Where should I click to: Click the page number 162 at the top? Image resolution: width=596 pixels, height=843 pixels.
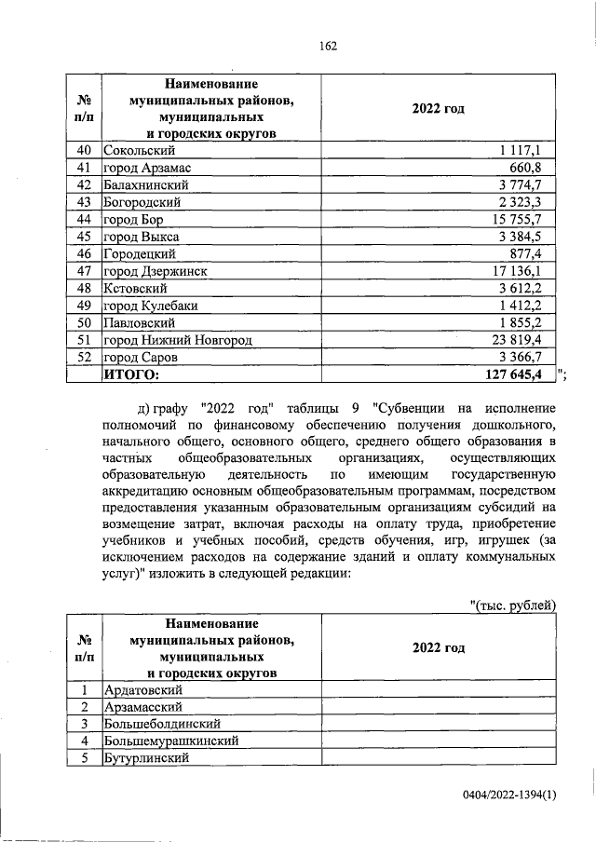[x=326, y=46]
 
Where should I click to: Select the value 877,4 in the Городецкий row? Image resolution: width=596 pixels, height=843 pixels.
[x=535, y=253]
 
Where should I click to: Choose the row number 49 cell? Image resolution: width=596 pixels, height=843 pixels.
[x=84, y=306]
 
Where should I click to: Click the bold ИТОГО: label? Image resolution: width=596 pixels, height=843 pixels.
[x=131, y=374]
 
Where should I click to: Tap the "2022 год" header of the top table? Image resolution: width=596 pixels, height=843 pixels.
[x=438, y=109]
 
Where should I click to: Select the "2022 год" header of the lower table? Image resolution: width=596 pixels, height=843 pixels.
[x=438, y=647]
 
